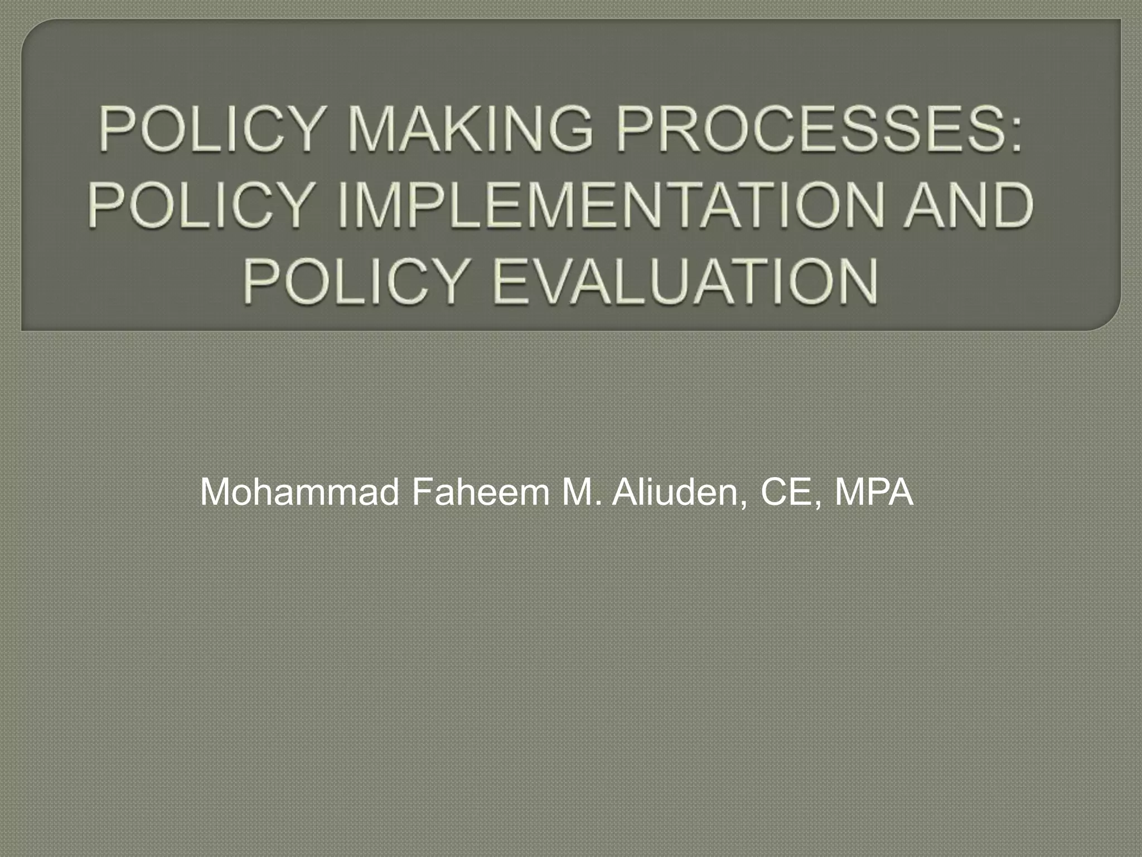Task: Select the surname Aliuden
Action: [x=677, y=492]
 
